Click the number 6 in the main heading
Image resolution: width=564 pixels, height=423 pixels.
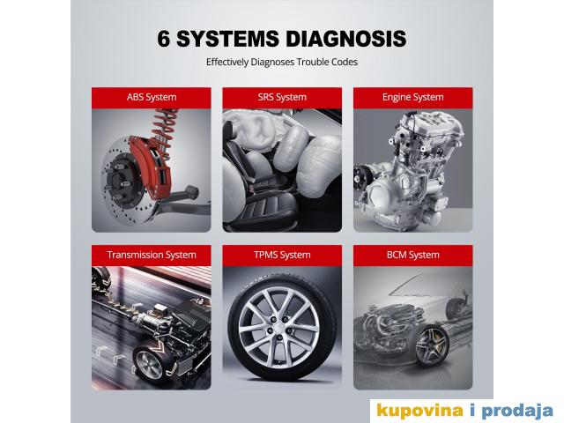(x=164, y=39)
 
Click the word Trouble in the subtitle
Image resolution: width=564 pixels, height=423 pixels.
(x=309, y=62)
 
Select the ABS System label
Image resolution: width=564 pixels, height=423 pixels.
(x=152, y=97)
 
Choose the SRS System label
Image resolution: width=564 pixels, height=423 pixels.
(x=282, y=97)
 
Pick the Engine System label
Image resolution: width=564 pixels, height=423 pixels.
(x=413, y=97)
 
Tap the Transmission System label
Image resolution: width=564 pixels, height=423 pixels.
(x=152, y=255)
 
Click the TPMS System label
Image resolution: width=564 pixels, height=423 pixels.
(x=282, y=255)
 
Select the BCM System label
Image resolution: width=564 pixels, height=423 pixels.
(x=413, y=255)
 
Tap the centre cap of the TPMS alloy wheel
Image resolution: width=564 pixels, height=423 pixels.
(x=279, y=327)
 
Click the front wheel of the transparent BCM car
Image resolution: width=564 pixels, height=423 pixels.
(x=432, y=345)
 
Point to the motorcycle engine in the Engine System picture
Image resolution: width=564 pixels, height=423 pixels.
(x=410, y=169)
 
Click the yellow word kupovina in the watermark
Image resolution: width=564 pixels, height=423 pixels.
(x=419, y=411)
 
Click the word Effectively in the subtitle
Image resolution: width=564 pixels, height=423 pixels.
(x=227, y=62)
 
